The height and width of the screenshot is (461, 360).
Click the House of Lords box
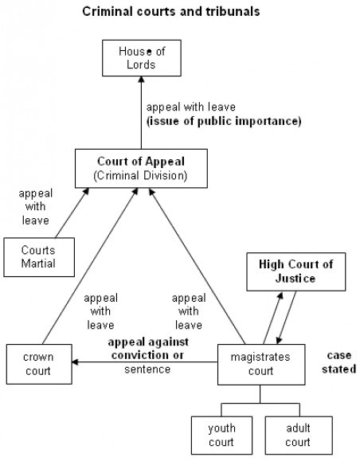tap(142, 58)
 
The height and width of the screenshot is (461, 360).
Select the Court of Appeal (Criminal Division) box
tap(141, 169)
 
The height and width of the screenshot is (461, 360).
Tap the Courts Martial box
tap(39, 257)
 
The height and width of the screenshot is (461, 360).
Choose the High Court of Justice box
tap(295, 272)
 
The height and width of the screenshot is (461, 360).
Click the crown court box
tap(39, 365)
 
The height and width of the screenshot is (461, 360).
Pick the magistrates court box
tap(261, 365)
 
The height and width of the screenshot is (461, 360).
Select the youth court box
tap(221, 436)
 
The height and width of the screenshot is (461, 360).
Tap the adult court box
tap(299, 436)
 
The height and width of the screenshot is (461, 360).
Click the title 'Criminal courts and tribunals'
tap(171, 12)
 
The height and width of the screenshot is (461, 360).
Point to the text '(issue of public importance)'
tap(224, 121)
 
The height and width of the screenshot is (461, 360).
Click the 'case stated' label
tap(338, 362)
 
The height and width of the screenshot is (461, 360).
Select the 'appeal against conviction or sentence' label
tap(147, 355)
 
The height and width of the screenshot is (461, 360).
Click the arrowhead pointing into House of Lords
tap(142, 80)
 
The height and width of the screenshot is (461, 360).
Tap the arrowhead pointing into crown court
tap(76, 362)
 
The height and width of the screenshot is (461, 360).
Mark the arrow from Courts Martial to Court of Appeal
tap(72, 213)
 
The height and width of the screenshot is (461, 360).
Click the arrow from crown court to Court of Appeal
tap(90, 266)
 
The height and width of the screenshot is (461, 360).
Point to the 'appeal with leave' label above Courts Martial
tap(36, 207)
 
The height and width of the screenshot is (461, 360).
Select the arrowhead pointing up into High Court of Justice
tap(281, 295)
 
